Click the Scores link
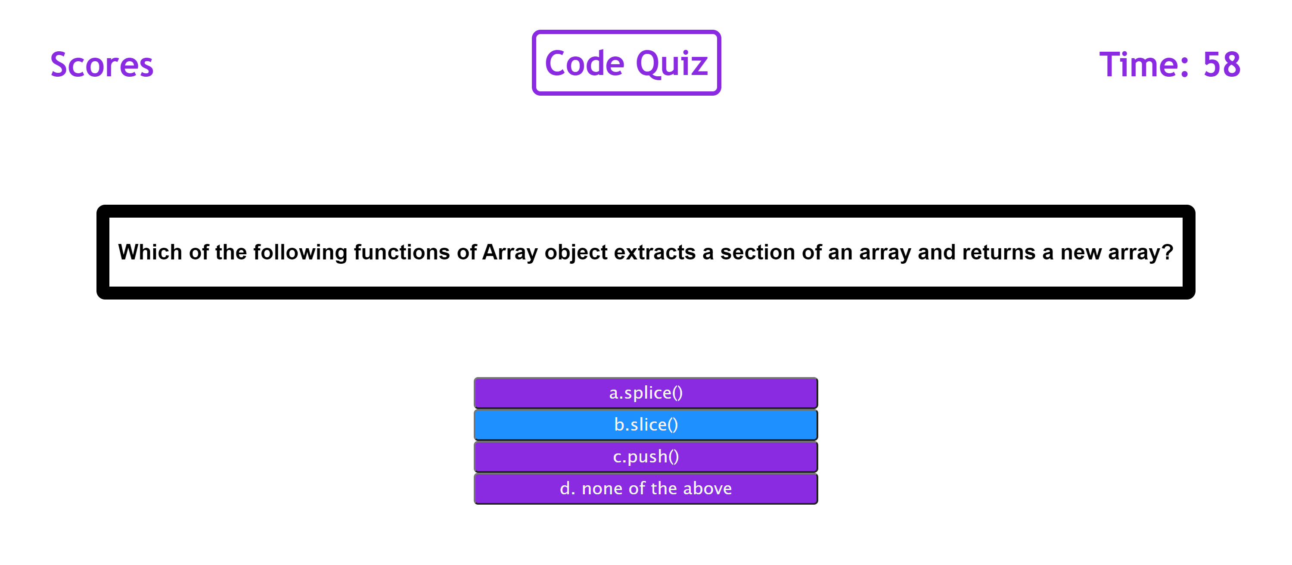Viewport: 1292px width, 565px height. [x=102, y=65]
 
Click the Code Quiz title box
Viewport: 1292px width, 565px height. [x=627, y=63]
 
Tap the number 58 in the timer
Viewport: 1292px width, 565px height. [x=1222, y=65]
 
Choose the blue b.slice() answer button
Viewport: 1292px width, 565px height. [x=646, y=425]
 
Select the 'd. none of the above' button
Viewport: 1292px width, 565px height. [x=646, y=488]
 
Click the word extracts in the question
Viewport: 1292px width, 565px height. [x=655, y=253]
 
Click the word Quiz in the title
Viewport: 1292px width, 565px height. [x=672, y=64]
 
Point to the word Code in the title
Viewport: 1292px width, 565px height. [x=585, y=64]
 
